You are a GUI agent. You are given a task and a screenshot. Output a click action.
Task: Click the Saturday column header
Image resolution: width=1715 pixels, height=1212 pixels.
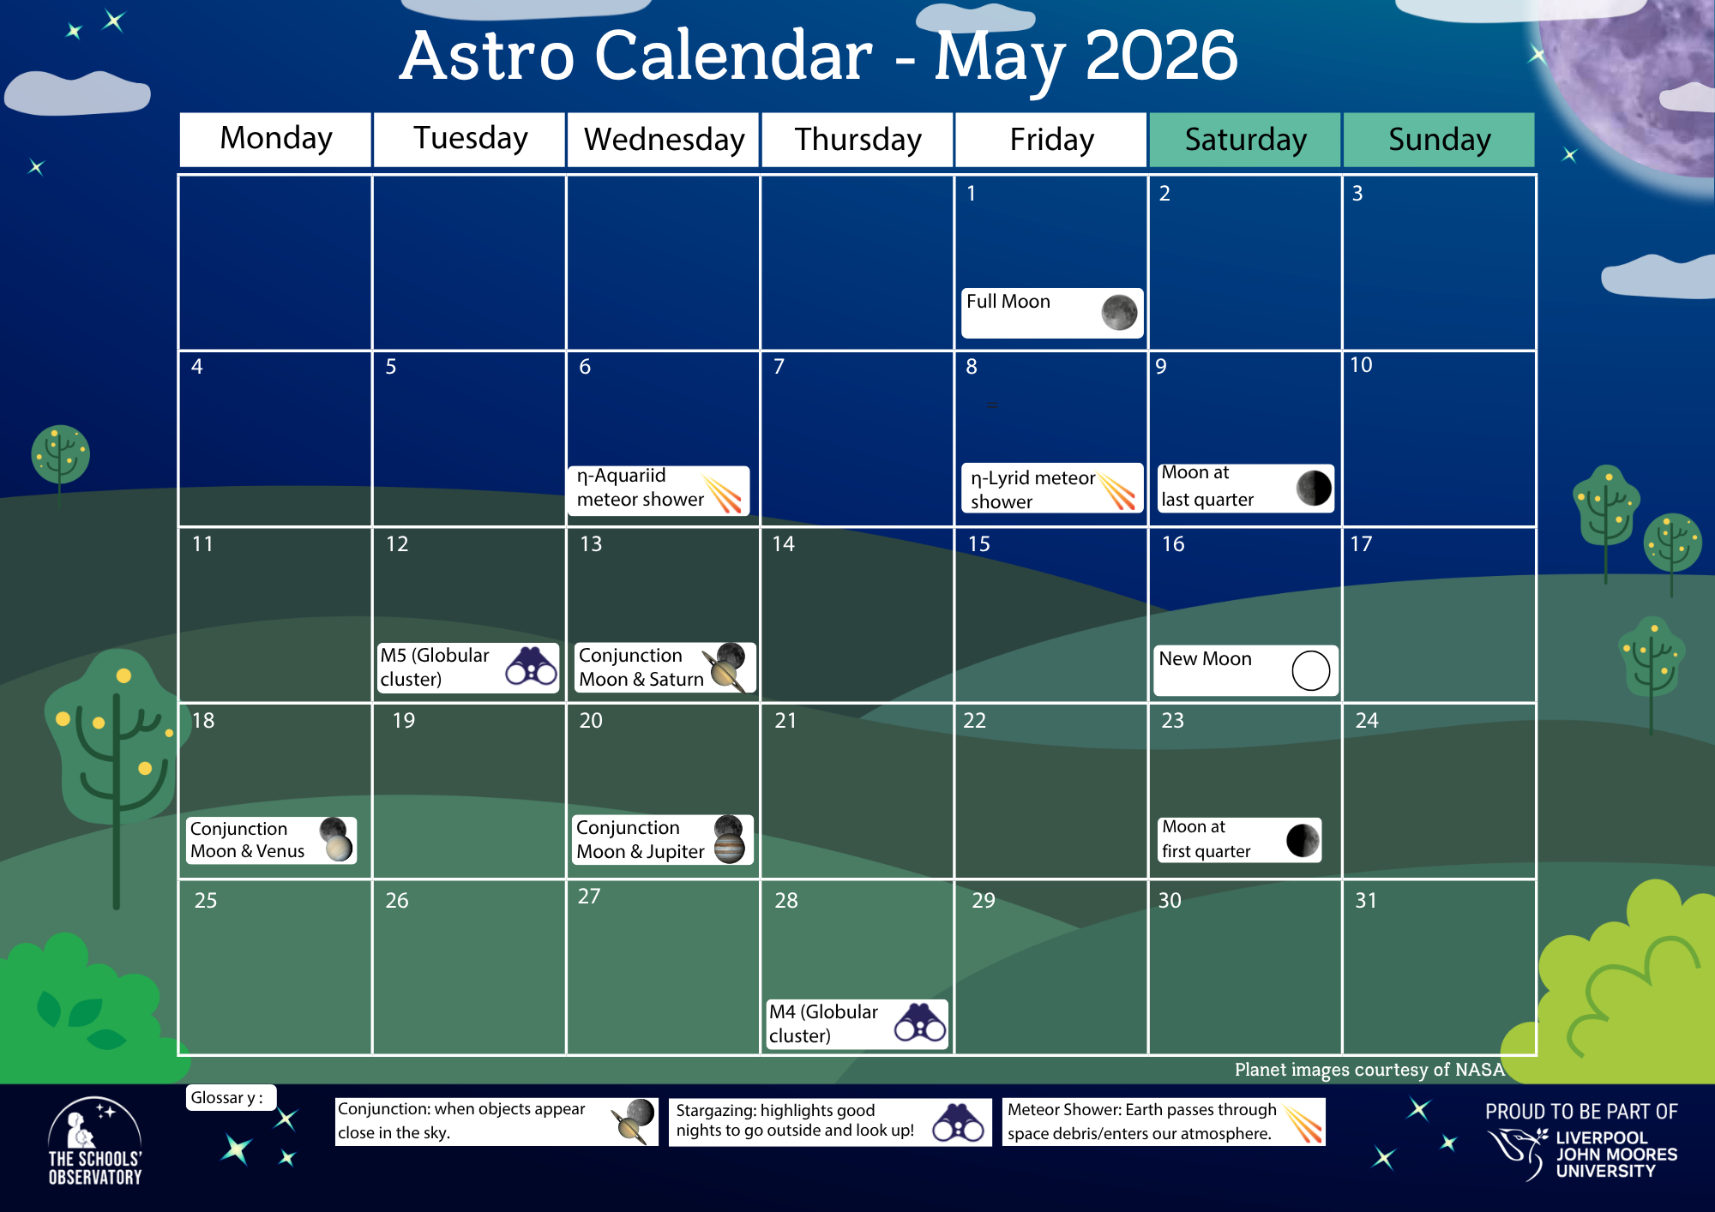[x=1244, y=140]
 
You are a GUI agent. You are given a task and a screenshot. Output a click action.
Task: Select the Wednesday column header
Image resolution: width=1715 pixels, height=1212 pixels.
[x=663, y=140]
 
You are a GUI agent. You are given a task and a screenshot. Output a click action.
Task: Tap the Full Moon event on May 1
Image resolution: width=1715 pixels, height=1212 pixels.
[x=1051, y=313]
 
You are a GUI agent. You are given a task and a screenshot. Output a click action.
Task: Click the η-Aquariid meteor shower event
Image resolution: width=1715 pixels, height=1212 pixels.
[x=658, y=489]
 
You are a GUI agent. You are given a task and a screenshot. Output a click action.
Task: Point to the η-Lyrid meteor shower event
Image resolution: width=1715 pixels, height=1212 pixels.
[x=1051, y=489]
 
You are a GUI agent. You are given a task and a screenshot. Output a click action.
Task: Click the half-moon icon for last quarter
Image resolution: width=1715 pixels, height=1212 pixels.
[x=1313, y=488]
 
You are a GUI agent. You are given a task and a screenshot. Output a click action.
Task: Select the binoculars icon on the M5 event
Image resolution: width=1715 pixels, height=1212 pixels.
[x=531, y=666]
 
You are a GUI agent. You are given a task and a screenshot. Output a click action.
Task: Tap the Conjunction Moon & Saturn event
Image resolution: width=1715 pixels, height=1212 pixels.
[x=665, y=667]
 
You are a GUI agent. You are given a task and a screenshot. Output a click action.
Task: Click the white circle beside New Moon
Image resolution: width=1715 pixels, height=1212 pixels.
[x=1310, y=670]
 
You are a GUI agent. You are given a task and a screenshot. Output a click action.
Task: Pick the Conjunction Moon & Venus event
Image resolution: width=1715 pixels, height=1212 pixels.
[x=270, y=840]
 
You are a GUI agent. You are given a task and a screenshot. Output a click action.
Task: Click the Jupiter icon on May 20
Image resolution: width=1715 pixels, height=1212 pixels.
[x=729, y=849]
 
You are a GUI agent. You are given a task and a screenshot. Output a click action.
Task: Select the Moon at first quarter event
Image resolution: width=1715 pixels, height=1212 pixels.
[x=1238, y=839]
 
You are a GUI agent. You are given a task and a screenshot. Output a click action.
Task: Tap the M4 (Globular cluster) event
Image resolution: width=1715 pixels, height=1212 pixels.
[x=856, y=1023]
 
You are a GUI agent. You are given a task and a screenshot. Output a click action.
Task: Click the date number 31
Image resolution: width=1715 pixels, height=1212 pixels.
[x=1365, y=900]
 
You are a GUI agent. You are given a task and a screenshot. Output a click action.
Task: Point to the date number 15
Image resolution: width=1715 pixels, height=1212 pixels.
[x=978, y=544]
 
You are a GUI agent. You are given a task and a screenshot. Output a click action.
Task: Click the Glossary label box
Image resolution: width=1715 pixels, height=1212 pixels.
[x=229, y=1098]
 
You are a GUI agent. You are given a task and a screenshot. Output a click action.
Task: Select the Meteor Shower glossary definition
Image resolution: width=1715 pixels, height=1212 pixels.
[x=1163, y=1121]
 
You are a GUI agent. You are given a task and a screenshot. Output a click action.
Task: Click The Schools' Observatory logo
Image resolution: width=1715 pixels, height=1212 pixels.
[x=94, y=1143]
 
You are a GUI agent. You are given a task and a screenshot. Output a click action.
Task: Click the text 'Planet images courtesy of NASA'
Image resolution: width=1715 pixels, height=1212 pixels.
[x=1369, y=1070]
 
